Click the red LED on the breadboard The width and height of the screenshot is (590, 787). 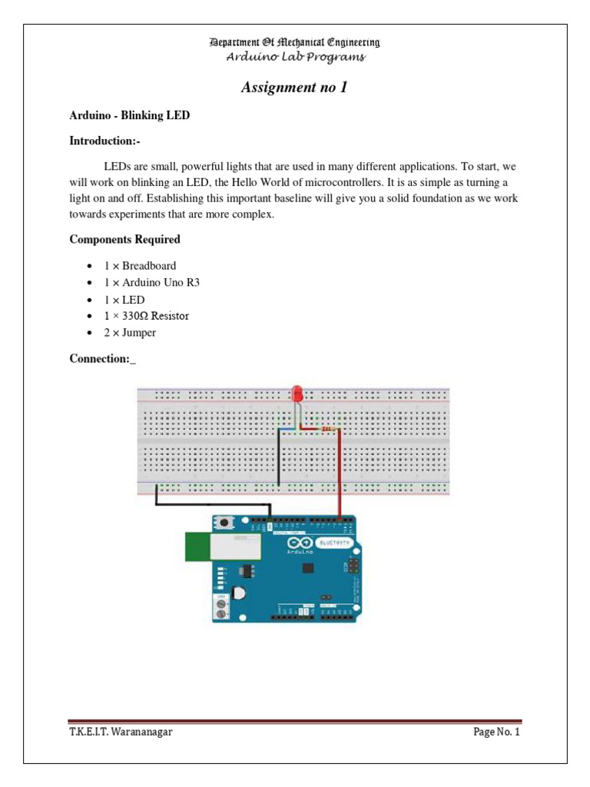[x=297, y=394]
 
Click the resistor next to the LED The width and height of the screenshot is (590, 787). [x=328, y=428]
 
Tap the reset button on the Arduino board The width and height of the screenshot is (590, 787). [x=227, y=523]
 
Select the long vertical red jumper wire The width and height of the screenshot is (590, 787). [x=340, y=477]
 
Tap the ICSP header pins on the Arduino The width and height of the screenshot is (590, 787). [x=354, y=567]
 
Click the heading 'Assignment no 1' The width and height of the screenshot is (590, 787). [x=294, y=88]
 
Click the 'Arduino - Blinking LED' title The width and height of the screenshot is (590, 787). [x=129, y=115]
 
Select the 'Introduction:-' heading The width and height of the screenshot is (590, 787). [x=104, y=141]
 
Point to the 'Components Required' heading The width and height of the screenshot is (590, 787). [x=124, y=239]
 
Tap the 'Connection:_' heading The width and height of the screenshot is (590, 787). [x=102, y=359]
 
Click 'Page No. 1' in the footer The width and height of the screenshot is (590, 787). [x=496, y=732]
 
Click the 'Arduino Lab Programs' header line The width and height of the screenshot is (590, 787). [x=295, y=57]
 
